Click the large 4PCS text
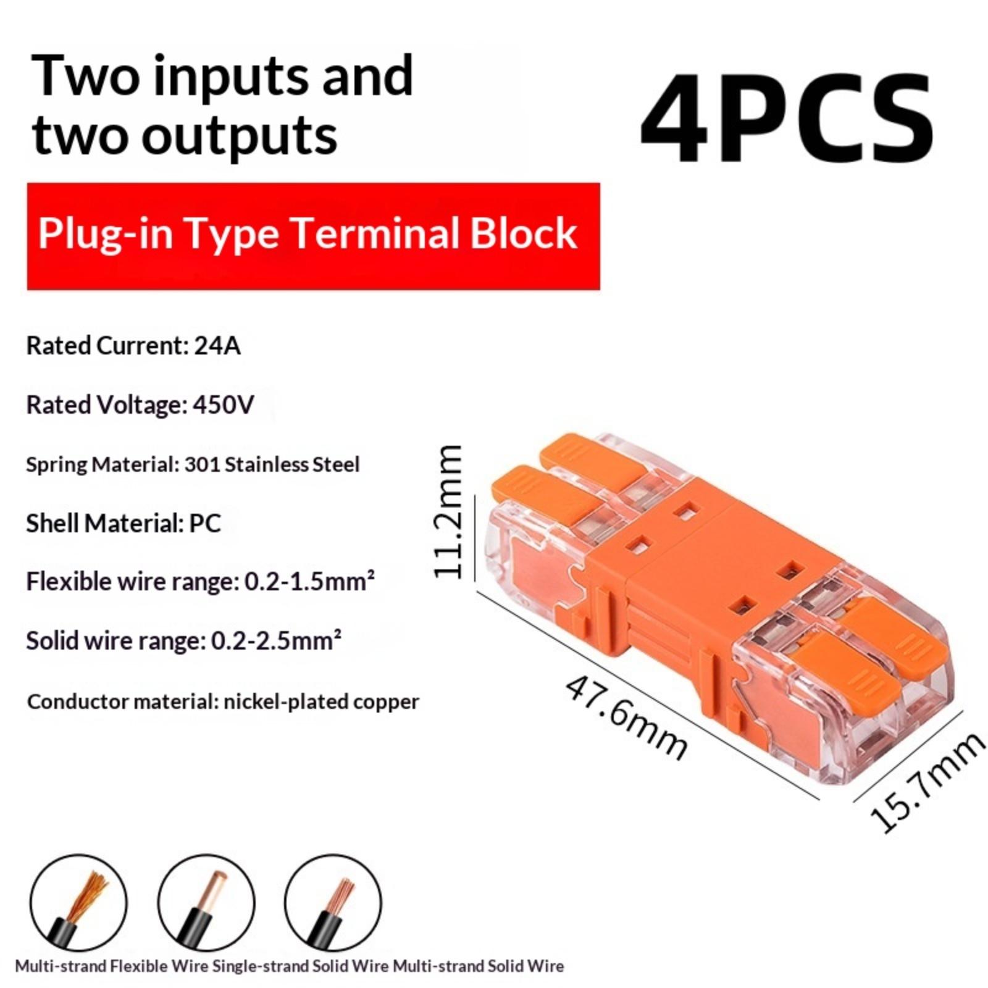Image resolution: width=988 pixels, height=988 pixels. pyautogui.click(x=787, y=117)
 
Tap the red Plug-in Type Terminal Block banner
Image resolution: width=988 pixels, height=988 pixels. pyautogui.click(x=313, y=236)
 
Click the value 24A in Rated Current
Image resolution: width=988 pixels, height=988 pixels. pyautogui.click(x=217, y=346)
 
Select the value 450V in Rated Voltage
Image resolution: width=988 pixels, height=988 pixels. pyautogui.click(x=224, y=405)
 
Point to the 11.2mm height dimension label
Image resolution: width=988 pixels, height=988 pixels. pyautogui.click(x=448, y=511)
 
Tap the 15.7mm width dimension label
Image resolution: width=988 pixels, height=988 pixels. pyautogui.click(x=926, y=782)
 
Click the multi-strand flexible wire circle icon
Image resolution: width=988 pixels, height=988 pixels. pyautogui.click(x=78, y=903)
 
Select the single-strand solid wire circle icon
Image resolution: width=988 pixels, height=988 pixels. pyautogui.click(x=206, y=903)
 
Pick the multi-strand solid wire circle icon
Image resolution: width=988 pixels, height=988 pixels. pyautogui.click(x=333, y=903)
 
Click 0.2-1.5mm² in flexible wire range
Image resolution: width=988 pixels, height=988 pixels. pyautogui.click(x=309, y=582)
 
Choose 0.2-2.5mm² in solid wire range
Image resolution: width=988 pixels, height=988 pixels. pyautogui.click(x=276, y=641)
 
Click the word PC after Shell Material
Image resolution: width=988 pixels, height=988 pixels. pyautogui.click(x=205, y=524)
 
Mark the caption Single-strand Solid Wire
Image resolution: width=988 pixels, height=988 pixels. pyautogui.click(x=301, y=966)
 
